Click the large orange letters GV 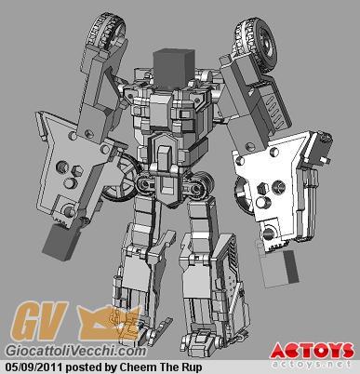tap(39, 323)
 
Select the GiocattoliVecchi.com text tap(76, 351)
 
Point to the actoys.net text tap(313, 364)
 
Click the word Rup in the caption tap(192, 368)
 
